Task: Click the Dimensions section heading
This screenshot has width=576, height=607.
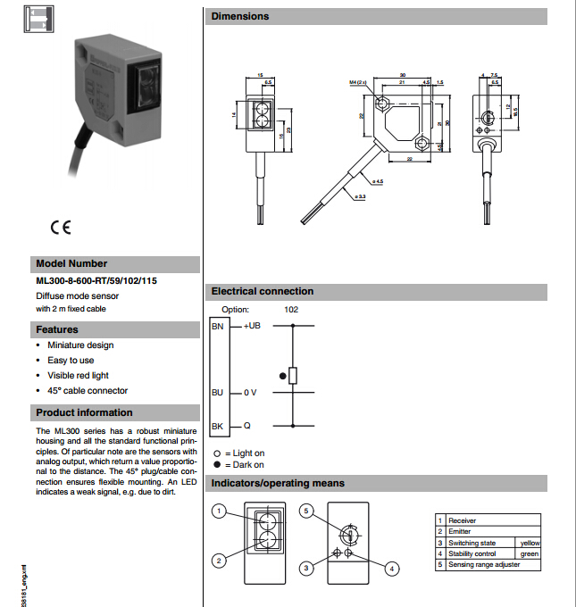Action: (239, 16)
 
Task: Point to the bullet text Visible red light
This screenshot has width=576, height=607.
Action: (79, 376)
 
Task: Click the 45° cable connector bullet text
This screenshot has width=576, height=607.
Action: (88, 391)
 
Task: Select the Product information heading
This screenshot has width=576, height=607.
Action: (84, 412)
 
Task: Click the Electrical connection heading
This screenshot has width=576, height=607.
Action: (262, 291)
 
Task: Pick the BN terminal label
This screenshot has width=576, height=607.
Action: (217, 327)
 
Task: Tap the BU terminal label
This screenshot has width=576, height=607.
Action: (217, 392)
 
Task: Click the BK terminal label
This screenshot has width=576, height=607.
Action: (217, 426)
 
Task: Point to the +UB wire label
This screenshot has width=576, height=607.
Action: (252, 327)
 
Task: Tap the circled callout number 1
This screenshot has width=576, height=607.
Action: (218, 511)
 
